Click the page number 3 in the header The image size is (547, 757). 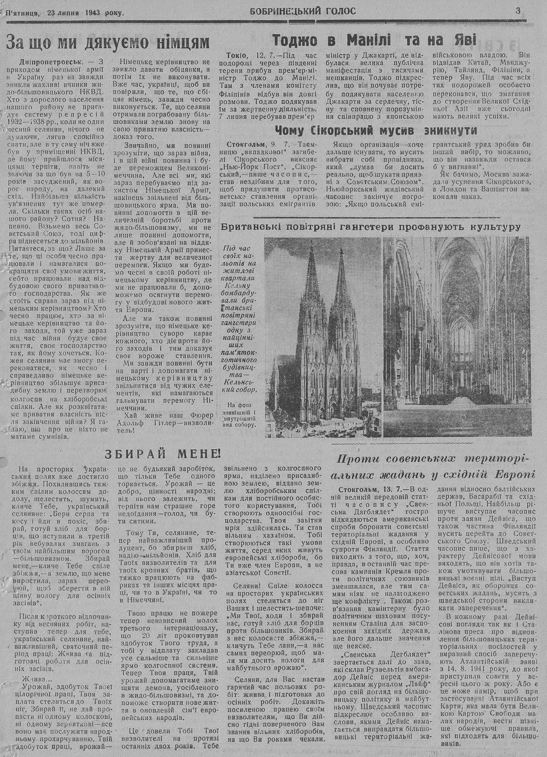click(x=517, y=10)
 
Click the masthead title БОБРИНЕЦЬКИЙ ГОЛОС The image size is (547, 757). click(x=302, y=11)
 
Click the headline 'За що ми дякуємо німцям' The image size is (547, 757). click(x=108, y=42)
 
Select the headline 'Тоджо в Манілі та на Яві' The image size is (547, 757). click(x=375, y=40)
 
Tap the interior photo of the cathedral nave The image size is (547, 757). click(x=457, y=337)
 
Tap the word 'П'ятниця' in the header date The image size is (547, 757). click(x=22, y=12)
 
